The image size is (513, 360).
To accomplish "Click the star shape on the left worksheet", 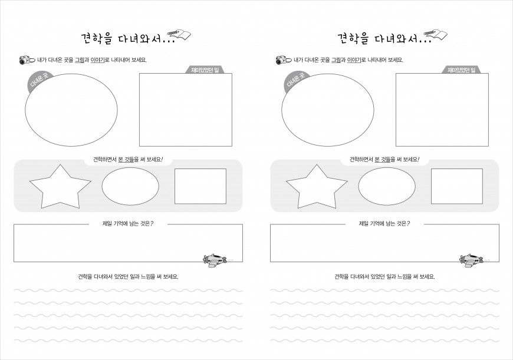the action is [60, 188].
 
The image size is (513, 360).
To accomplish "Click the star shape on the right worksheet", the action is [317, 188].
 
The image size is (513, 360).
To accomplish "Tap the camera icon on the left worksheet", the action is [26, 60].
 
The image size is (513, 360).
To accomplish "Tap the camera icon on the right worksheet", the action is [282, 60].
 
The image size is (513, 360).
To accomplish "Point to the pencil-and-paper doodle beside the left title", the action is [179, 35].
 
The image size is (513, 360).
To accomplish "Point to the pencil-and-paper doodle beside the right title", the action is [436, 35].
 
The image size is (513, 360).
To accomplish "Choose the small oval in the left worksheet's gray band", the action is [130, 186].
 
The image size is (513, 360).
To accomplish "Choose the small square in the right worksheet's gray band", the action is [457, 186].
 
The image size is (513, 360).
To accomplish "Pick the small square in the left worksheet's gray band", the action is [200, 186].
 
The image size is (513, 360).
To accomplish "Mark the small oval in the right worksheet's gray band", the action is [387, 186].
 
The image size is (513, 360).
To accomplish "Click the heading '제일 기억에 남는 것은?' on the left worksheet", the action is [128, 224].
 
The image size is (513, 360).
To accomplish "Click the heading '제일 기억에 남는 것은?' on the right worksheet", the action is [384, 224].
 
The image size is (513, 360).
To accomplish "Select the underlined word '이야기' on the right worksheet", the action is [354, 60].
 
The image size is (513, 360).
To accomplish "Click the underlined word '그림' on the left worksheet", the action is [80, 60].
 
